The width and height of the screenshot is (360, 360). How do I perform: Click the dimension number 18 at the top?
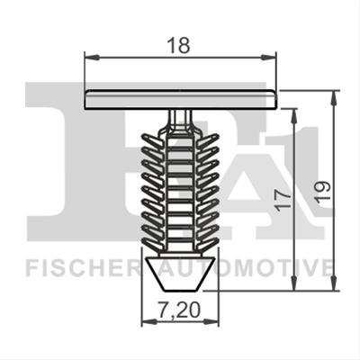[x=178, y=46]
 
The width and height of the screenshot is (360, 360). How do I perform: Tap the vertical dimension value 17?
[x=283, y=200]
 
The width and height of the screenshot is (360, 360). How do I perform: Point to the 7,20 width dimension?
[x=179, y=310]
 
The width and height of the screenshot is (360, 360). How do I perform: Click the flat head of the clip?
[x=180, y=100]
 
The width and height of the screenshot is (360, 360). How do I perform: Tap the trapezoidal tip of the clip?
[x=180, y=274]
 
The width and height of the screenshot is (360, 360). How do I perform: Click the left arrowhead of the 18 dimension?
[x=92, y=57]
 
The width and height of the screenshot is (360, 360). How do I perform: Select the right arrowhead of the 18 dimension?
[x=268, y=57]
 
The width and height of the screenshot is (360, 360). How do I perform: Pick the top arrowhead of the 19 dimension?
[x=334, y=97]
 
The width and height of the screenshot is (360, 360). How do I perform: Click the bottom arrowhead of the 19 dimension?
[x=334, y=283]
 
